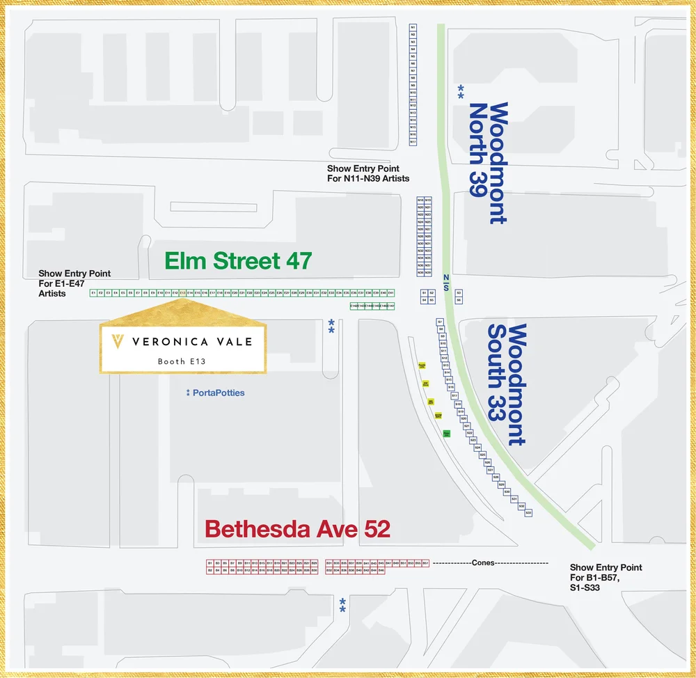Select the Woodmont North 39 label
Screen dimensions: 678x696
coord(487,163)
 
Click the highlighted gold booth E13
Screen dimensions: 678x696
coord(182,293)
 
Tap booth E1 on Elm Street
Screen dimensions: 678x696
coord(93,293)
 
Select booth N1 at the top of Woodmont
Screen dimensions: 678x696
coord(413,28)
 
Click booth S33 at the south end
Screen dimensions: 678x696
coord(528,513)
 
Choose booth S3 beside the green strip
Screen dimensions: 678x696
coord(459,293)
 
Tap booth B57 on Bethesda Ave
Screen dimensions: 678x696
coord(425,562)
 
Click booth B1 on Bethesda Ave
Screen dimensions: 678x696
coord(209,562)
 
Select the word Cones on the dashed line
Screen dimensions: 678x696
coord(482,562)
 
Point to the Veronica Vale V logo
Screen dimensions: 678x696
coord(118,341)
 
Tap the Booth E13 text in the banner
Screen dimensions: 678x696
coord(182,361)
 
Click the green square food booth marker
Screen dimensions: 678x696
coord(446,433)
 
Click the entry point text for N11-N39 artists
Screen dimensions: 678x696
coord(368,174)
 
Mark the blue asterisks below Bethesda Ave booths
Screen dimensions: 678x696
coord(342,605)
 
